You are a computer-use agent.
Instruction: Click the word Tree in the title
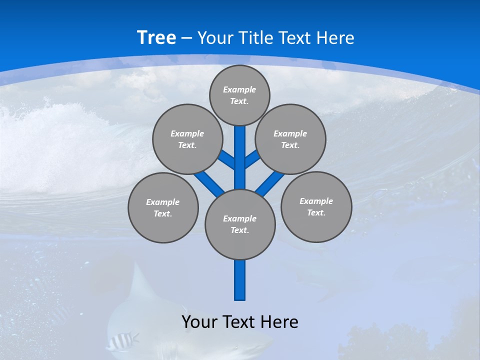coord(156,38)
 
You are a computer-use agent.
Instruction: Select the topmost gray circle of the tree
coord(239,95)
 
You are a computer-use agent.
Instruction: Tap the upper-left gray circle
coord(187,139)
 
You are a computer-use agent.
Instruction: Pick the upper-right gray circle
coord(290,139)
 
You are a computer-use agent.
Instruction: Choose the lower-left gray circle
coord(163,207)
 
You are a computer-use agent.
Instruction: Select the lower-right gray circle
coord(316,206)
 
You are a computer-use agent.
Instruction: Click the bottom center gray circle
coord(240,224)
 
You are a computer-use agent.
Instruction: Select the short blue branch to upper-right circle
coord(252,159)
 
